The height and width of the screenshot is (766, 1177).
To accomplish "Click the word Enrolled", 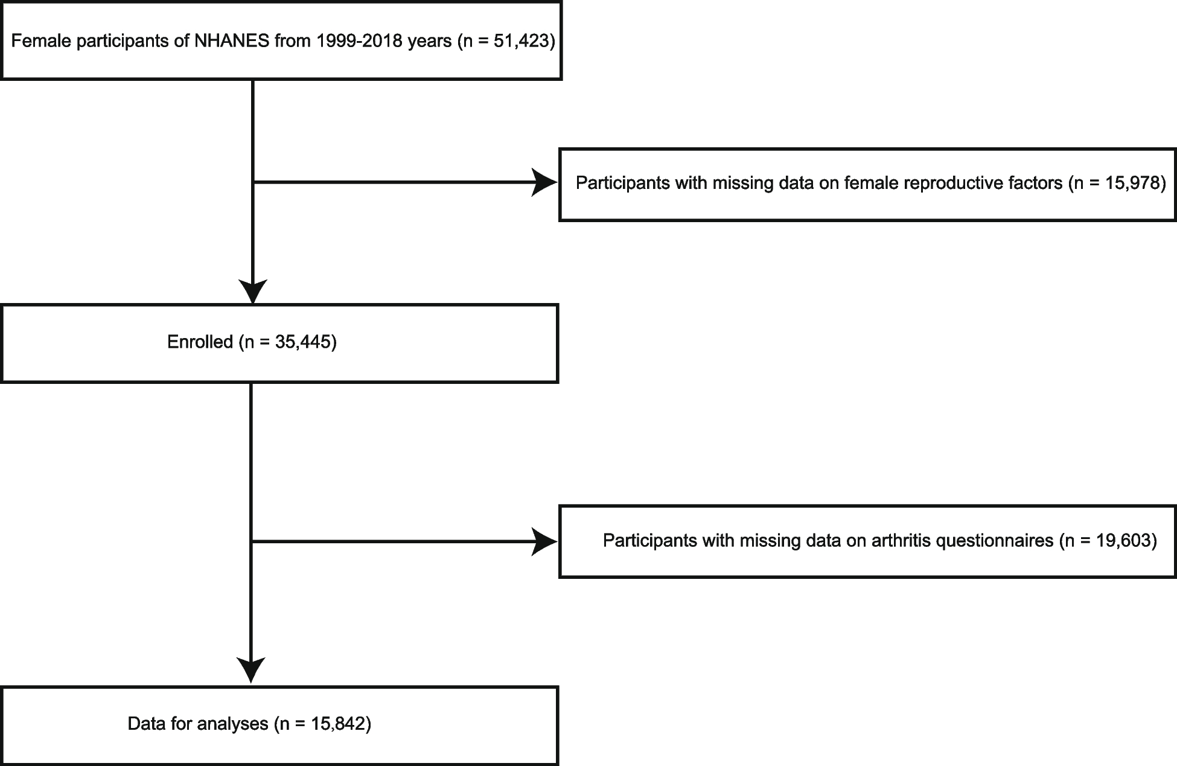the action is [x=200, y=342].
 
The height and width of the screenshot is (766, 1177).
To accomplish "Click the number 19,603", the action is [x=1122, y=540].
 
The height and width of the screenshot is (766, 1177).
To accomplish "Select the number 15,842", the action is [x=337, y=723].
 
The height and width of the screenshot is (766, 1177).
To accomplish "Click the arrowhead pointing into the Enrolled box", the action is [x=253, y=292].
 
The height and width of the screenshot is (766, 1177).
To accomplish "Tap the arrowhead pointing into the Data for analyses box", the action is [x=250, y=670].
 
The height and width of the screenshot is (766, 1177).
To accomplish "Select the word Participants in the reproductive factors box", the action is [x=625, y=183].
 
